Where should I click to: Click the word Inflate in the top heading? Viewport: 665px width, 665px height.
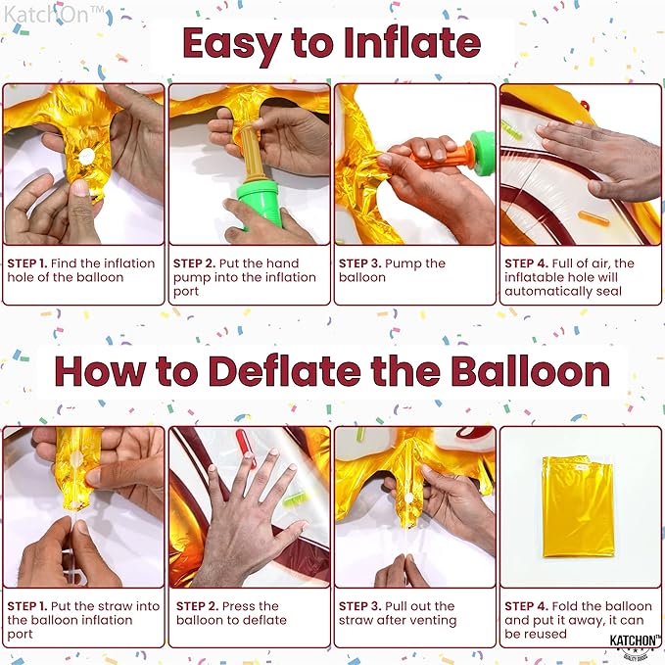click(x=412, y=43)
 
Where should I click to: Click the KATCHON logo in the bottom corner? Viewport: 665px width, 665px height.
click(x=635, y=643)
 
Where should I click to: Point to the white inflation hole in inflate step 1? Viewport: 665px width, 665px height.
click(x=87, y=157)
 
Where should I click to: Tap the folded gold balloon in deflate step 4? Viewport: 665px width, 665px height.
click(x=579, y=506)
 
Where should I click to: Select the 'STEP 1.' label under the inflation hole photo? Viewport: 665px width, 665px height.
click(x=27, y=263)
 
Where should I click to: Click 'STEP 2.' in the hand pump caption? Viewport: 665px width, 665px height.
click(x=194, y=263)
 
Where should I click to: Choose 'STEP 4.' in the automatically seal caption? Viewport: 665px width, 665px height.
click(x=526, y=263)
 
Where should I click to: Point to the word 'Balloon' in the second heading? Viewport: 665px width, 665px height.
click(x=530, y=371)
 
